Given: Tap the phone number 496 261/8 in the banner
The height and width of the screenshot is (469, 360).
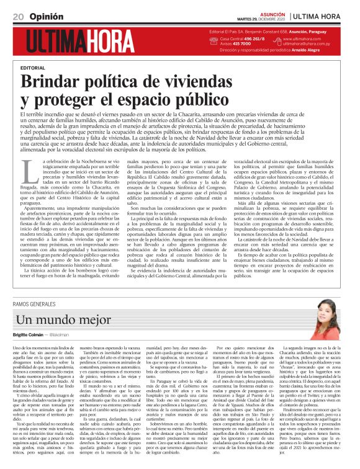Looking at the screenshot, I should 251,38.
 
